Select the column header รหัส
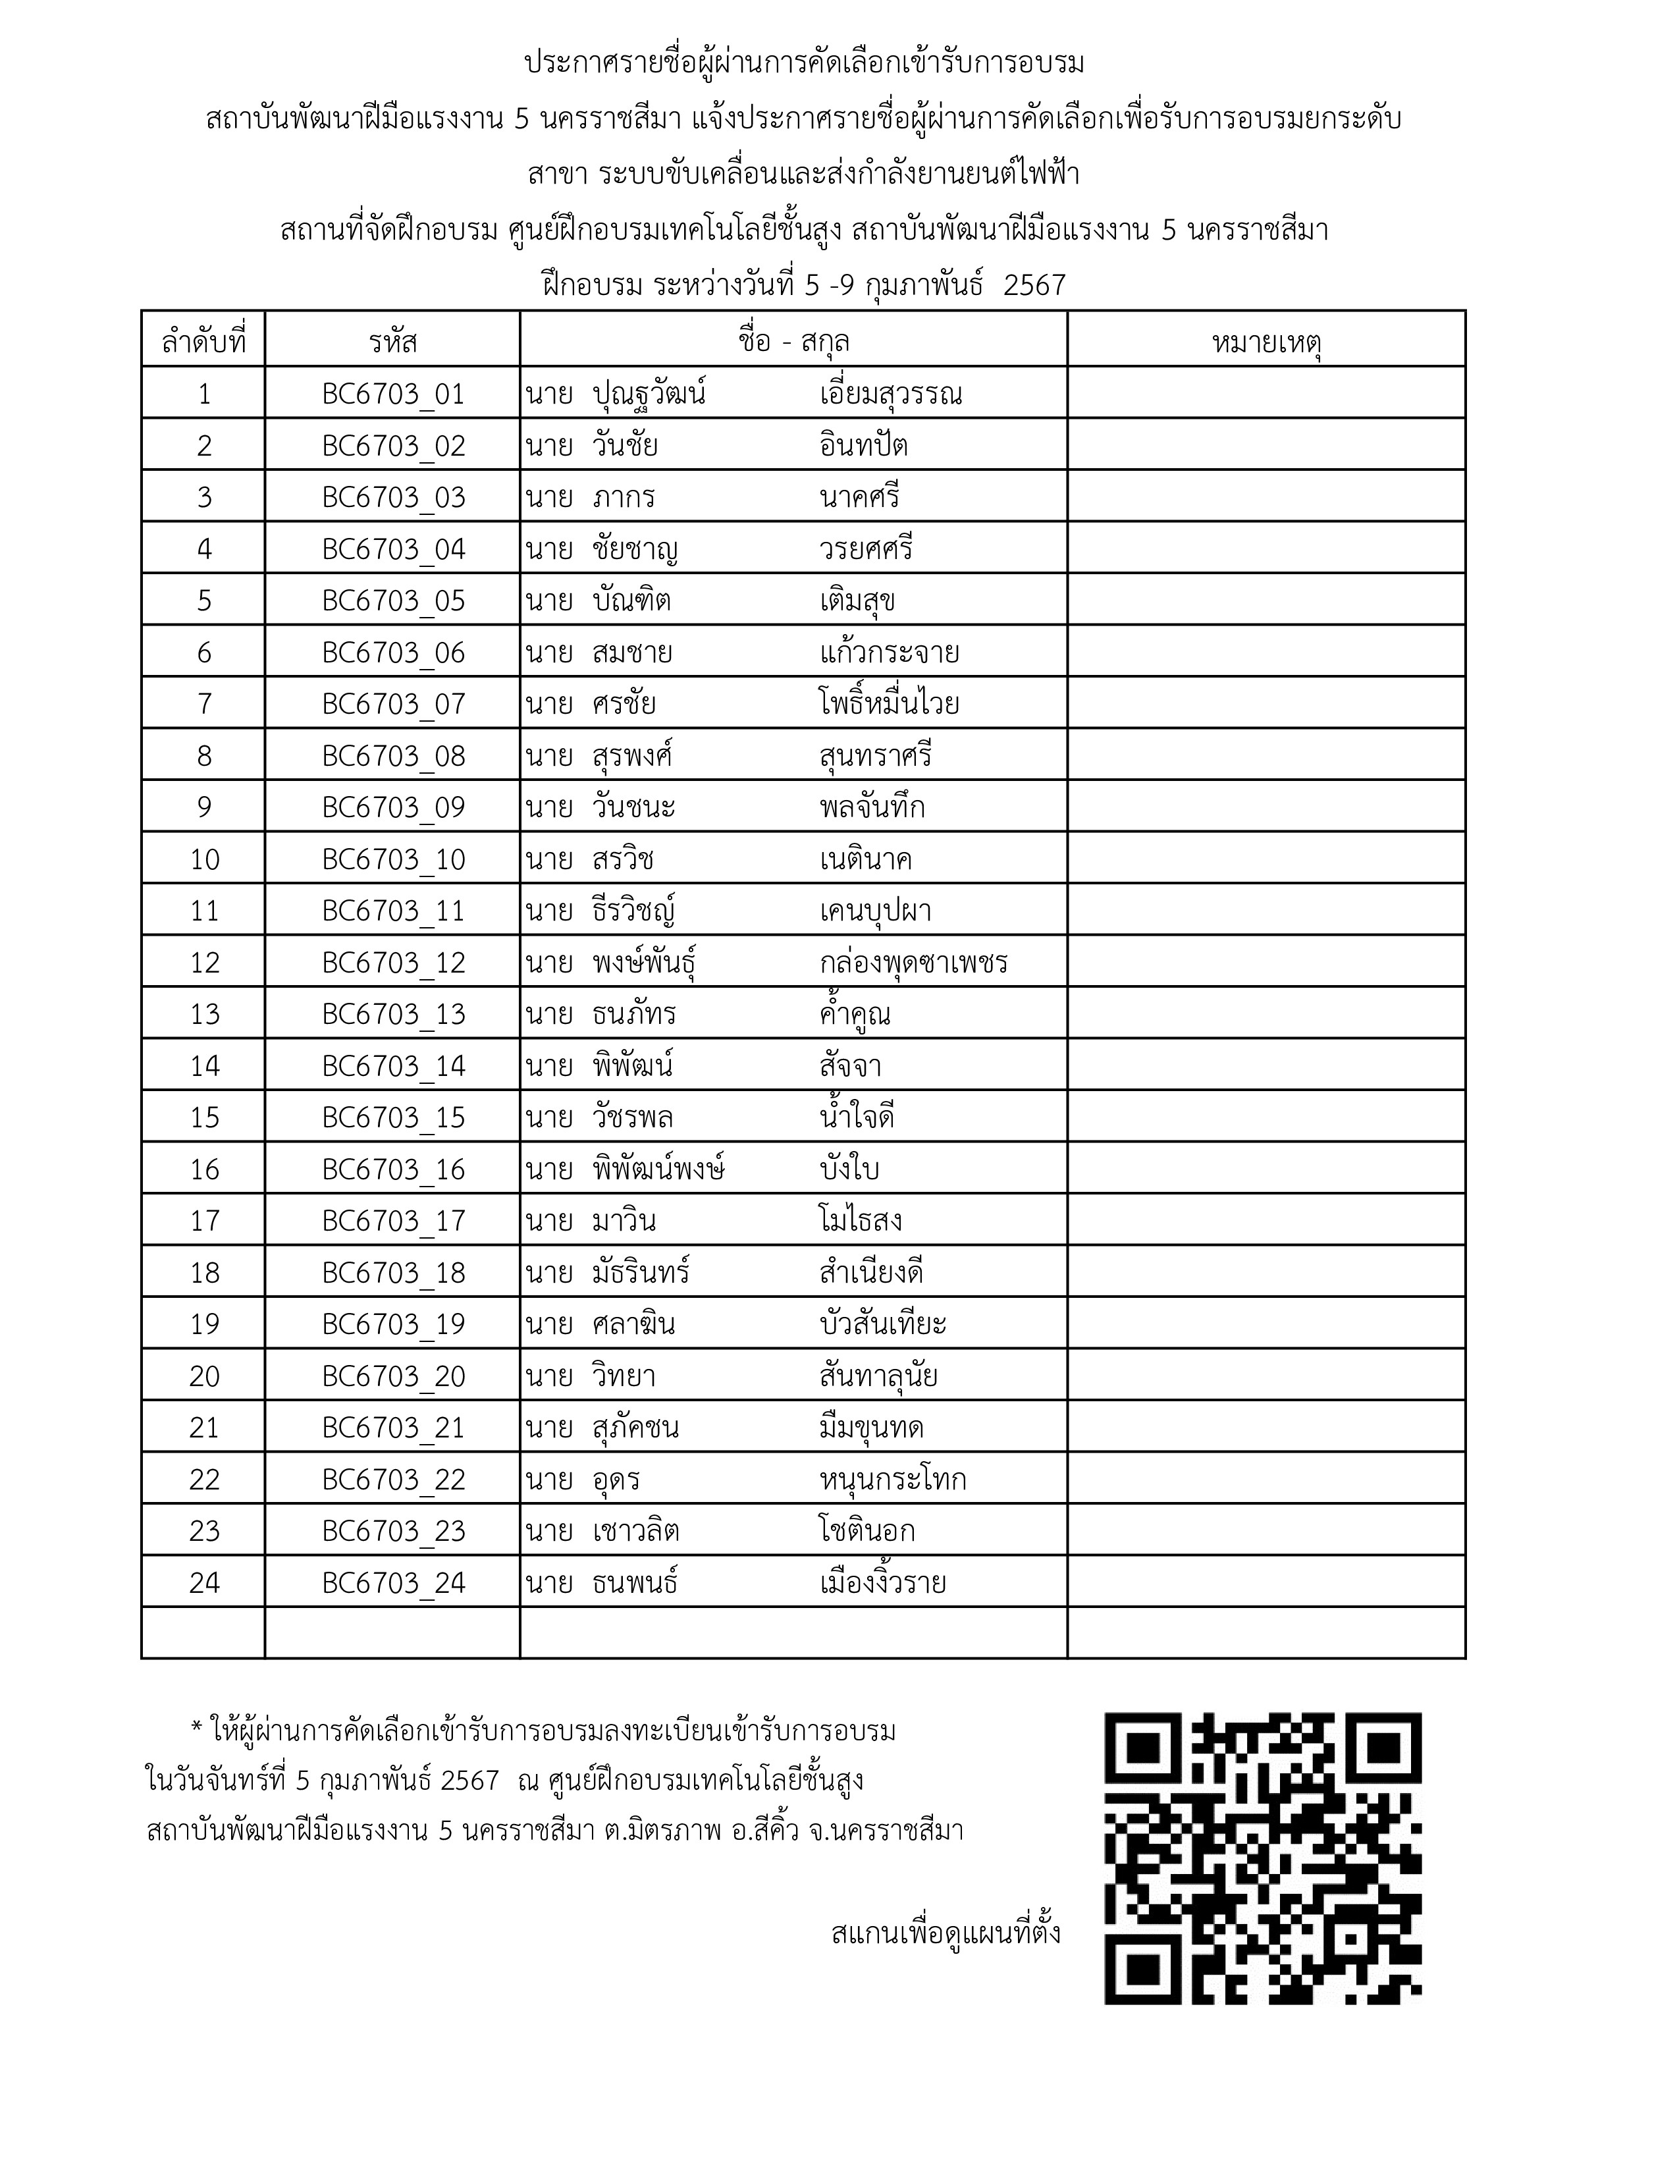point(393,342)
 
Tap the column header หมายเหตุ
point(1266,342)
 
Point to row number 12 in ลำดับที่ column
point(204,963)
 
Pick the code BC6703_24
point(393,1583)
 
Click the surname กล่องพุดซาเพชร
point(913,963)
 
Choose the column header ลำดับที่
point(204,342)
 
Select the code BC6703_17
point(393,1221)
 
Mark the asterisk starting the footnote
point(196,1730)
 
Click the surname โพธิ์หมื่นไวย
point(890,705)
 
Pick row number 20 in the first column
point(204,1376)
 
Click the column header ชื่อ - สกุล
point(793,342)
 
